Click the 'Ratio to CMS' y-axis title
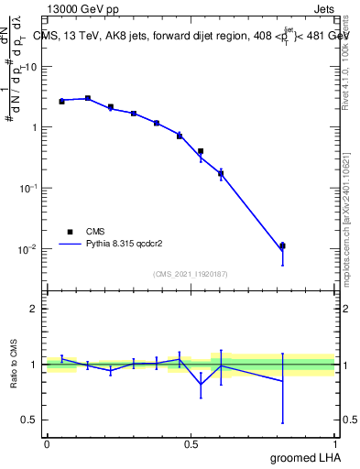coord(15,365)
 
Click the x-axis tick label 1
coord(335,442)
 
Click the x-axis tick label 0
coord(46,442)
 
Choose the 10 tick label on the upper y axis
coord(31,67)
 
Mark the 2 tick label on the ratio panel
coord(35,309)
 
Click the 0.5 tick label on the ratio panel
coord(30,420)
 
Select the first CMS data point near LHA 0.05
coord(61,101)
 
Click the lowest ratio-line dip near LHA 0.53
coord(201,385)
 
